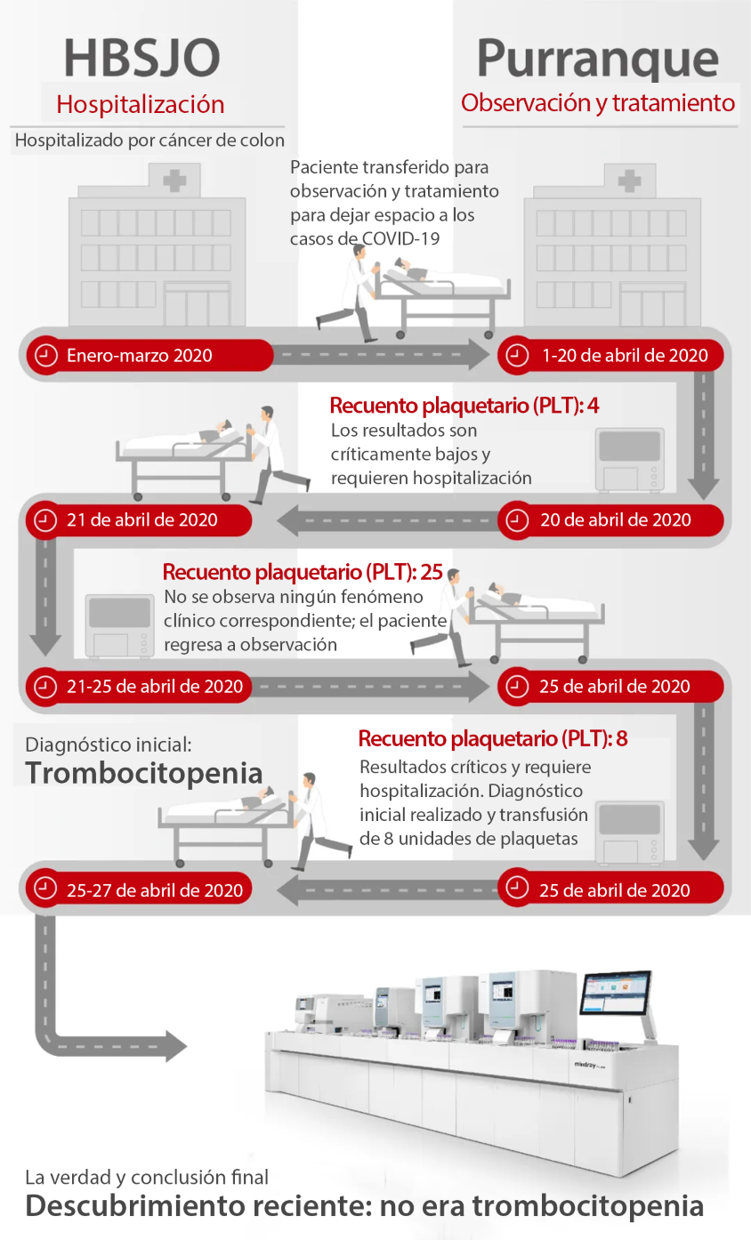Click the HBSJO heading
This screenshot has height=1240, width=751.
pos(142,58)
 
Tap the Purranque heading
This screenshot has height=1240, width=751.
pos(598,59)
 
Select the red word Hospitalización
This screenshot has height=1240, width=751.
pos(141,104)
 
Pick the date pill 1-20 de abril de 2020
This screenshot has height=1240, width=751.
pos(610,355)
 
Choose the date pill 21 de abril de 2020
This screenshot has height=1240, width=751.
pos(139,519)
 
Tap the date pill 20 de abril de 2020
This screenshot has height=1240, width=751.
pos(610,519)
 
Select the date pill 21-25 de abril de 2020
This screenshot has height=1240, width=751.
pos(139,687)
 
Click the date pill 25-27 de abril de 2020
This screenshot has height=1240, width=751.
pos(139,890)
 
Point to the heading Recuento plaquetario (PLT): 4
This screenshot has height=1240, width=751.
pos(464,406)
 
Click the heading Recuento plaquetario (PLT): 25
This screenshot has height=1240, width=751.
pos(303,572)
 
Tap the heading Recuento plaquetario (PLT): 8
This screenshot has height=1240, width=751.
pos(493,738)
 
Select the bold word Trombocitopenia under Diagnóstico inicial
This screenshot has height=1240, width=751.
pos(143,773)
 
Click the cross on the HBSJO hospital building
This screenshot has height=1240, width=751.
pos(174,181)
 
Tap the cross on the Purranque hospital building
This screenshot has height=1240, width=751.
pos(629,181)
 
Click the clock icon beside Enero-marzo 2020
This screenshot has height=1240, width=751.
pos(46,355)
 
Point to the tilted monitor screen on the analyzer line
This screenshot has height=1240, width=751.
pos(616,992)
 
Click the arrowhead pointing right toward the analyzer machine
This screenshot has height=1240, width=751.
pos(176,1046)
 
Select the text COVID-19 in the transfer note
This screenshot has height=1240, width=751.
pos(400,238)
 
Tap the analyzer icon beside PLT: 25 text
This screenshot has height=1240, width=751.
pos(119,626)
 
